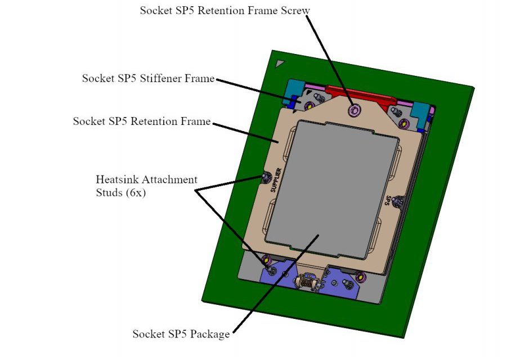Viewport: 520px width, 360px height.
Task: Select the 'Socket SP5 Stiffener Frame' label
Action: tap(148, 79)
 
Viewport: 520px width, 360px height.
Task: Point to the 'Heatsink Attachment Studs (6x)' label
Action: tap(146, 186)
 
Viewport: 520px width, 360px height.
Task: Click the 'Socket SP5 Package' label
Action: tap(181, 334)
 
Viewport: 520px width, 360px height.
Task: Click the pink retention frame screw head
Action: tap(354, 111)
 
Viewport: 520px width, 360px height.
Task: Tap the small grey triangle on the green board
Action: tap(279, 64)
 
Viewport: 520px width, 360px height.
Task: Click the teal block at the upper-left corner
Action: tap(294, 90)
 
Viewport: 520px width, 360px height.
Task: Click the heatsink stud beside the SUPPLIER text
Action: tap(265, 178)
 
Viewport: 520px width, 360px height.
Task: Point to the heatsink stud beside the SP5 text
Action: tap(398, 200)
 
